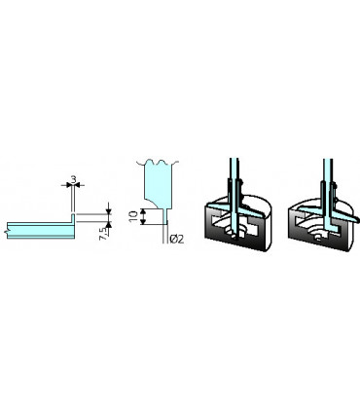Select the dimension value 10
(133, 212)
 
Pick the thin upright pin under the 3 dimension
(74, 205)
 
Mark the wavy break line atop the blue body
(158, 163)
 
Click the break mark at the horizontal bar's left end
(8, 230)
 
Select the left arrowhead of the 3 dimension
(68, 186)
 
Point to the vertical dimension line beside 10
(143, 213)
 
